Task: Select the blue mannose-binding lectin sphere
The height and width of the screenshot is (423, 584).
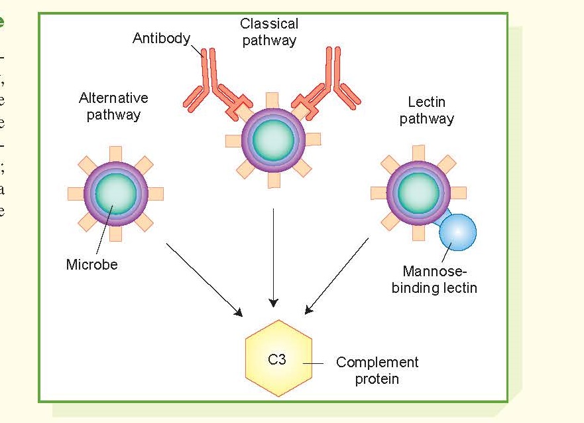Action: point(457,232)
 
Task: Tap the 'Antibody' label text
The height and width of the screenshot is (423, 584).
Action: point(161,39)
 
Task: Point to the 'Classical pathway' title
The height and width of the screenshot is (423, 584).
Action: point(269,32)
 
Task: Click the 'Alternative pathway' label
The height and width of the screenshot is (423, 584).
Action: point(113,106)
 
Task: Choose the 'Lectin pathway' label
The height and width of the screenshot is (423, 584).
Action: point(426,110)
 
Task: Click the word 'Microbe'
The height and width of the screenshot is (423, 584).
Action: point(91,264)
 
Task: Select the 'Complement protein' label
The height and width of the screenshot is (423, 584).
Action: point(377,371)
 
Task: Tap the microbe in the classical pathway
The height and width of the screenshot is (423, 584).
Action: point(273,140)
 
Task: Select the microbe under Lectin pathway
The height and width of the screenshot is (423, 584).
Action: point(418,193)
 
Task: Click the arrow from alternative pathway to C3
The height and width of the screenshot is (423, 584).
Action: point(204,280)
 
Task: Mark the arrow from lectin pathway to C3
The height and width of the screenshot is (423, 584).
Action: point(337,276)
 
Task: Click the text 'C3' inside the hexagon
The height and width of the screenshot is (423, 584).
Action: point(276,360)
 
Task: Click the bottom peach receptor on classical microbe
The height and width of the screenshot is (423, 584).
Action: point(273,180)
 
